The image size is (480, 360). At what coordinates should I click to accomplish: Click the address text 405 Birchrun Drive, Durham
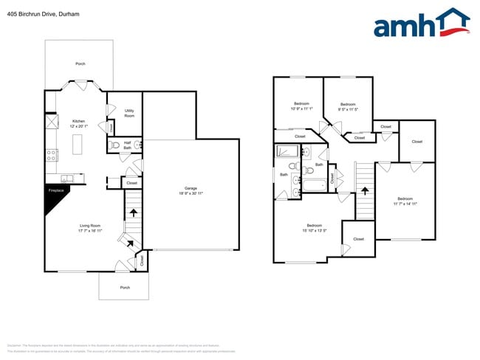point(33,14)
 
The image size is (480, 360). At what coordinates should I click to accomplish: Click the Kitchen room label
point(78,123)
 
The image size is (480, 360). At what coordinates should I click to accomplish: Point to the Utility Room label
point(129,114)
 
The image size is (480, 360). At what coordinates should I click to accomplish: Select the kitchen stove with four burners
point(52,156)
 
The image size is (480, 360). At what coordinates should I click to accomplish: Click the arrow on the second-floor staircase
point(364,191)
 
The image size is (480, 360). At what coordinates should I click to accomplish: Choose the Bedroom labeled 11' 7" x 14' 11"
point(405,201)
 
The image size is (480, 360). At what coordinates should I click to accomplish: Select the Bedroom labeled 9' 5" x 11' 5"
point(348,107)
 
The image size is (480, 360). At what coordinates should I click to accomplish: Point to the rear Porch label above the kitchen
point(80,64)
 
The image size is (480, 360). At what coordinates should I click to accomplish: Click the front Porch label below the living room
point(125,287)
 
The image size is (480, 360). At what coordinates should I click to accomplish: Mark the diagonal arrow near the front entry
point(130,241)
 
